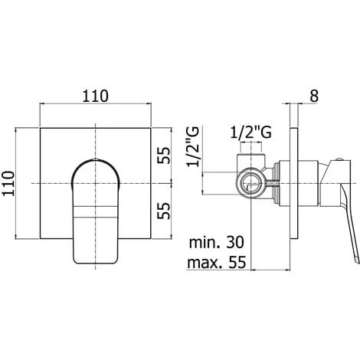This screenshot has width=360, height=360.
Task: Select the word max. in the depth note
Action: coord(211,264)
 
